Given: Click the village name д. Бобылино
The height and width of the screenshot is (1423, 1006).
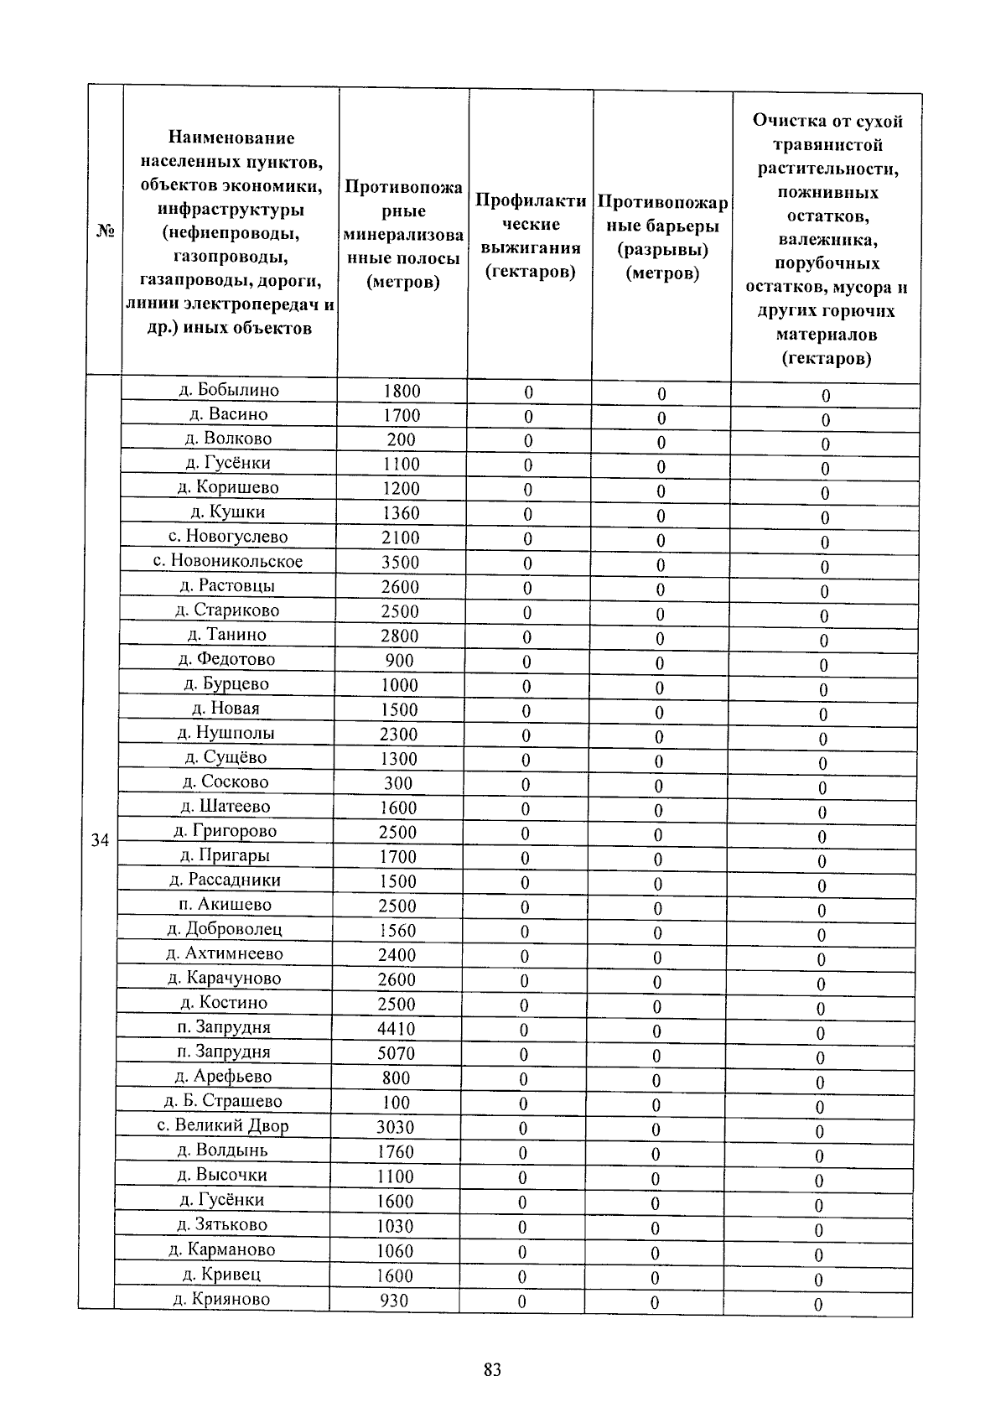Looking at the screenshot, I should click(x=229, y=390).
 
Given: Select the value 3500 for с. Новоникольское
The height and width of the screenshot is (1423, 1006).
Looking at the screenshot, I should click(x=400, y=562).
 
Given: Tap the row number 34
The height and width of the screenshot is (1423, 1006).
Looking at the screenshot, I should click(x=100, y=840).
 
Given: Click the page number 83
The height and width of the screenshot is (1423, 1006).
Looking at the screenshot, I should click(x=492, y=1370).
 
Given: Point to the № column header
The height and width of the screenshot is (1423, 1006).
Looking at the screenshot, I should click(x=105, y=231).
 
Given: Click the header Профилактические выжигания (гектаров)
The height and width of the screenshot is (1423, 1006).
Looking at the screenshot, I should click(x=530, y=236).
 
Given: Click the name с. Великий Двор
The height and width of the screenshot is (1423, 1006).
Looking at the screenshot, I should click(x=223, y=1125).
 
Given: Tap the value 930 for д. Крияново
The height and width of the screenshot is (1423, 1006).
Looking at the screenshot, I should click(x=393, y=1301).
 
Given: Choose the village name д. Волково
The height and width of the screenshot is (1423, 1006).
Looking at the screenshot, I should click(x=228, y=439).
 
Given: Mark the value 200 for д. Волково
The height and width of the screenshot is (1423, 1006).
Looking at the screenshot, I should click(x=401, y=439).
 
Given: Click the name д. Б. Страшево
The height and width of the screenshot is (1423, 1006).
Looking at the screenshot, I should click(x=223, y=1101).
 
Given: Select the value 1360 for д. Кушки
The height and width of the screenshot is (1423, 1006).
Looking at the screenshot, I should click(x=401, y=513).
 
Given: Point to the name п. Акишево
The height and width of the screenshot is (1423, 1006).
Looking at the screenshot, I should click(x=225, y=904).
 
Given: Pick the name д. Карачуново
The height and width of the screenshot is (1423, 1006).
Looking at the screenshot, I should click(x=224, y=978).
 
